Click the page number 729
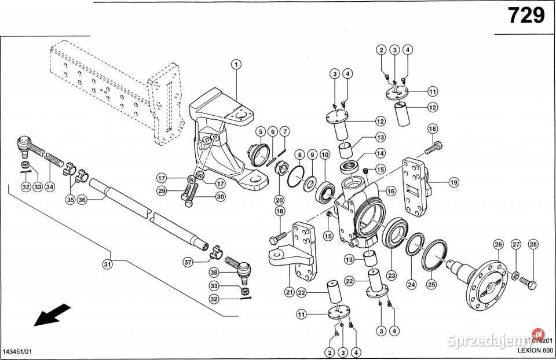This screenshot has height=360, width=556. [526, 16]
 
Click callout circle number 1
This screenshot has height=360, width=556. [236, 64]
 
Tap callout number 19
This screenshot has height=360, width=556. [453, 182]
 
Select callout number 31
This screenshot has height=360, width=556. [107, 265]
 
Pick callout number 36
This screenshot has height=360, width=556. [82, 200]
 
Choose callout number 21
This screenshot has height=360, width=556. [289, 292]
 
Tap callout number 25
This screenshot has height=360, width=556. [431, 284]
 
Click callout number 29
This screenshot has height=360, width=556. [162, 190]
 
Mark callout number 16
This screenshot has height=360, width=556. [391, 190]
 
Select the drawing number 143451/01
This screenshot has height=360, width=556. [19, 351]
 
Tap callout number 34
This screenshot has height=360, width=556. [50, 187]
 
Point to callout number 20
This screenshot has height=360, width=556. [280, 200]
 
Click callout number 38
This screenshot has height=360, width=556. [214, 273]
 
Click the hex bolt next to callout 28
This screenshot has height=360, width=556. [528, 283]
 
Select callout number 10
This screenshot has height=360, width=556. [325, 155]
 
